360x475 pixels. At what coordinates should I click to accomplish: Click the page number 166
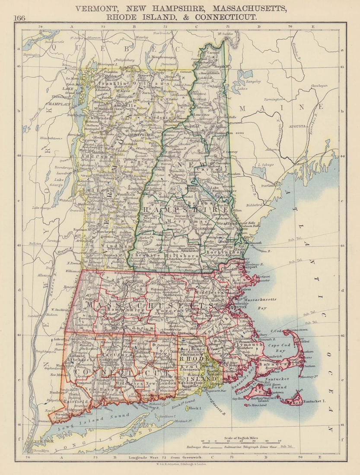click(19, 18)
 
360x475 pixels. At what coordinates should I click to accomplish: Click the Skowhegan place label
click(319, 86)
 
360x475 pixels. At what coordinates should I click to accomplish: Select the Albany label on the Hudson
click(44, 275)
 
